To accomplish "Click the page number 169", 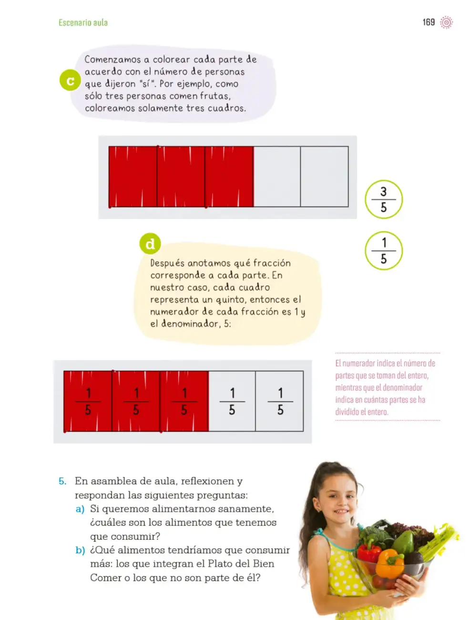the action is coord(428,22).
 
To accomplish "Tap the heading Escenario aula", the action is coord(83,22).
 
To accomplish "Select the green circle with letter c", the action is coord(70,80).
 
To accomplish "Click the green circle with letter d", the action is coord(150,244).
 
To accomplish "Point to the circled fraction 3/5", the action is coord(384,199).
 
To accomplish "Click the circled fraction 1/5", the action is coord(384,251).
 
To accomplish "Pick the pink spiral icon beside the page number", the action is coord(446,22).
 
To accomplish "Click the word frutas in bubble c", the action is coord(215,96).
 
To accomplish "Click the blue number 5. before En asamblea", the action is coord(62,481).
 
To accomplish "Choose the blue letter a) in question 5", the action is coord(80,509).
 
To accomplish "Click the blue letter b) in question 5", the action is coord(80,550).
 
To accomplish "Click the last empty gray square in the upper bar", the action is coord(324,176).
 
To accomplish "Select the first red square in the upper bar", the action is coord(133,176).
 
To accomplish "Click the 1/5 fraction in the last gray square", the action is coord(280,402).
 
